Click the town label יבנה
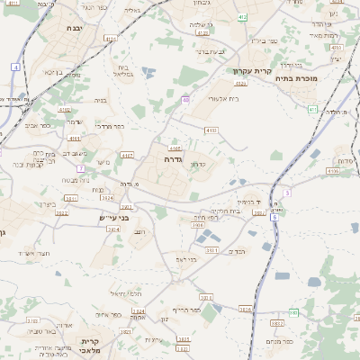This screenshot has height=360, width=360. [x=76, y=29]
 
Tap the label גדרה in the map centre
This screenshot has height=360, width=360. [x=175, y=158]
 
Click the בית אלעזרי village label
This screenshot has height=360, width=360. [x=222, y=98]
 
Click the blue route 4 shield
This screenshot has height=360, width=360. [x=15, y=67]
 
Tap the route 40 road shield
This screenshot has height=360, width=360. [x=185, y=100]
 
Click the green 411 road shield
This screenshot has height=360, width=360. [x=312, y=109]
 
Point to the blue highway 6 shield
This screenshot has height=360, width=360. [x=274, y=216]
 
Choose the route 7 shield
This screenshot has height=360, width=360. [x=81, y=168]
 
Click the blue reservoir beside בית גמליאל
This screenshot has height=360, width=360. [x=147, y=71]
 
